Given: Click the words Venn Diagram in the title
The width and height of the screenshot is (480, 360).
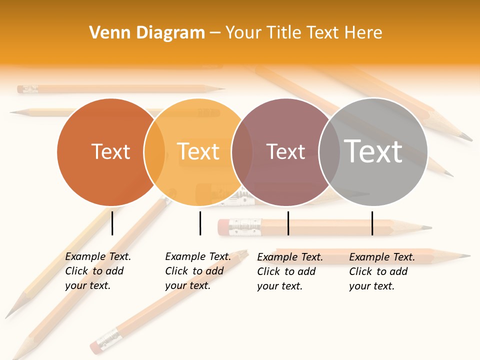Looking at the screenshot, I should point(147,33).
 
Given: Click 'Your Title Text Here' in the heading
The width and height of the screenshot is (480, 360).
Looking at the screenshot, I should point(303,33).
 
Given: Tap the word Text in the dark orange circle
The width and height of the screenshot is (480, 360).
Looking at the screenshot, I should point(110,151).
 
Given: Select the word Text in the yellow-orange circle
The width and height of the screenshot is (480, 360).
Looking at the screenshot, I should point(198,151).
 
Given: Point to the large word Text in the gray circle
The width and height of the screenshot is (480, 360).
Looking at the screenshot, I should point(373,151).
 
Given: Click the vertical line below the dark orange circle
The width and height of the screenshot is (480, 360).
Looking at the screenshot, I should point(112,223).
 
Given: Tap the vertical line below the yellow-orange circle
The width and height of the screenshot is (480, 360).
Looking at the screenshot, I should point(200,223).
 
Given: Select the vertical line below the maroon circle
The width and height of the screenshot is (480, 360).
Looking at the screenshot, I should point(288,223).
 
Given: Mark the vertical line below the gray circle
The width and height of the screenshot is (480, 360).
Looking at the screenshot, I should point(372,223).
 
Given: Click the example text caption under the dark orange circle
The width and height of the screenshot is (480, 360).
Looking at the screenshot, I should point(98,271).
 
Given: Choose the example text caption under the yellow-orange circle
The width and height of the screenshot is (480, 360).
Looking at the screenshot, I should point(198,271).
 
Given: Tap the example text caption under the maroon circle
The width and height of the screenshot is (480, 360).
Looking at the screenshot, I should point(290,271).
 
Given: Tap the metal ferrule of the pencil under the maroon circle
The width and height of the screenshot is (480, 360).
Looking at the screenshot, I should point(245,227).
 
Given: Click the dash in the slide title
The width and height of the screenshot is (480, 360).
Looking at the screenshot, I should point(215,33).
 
